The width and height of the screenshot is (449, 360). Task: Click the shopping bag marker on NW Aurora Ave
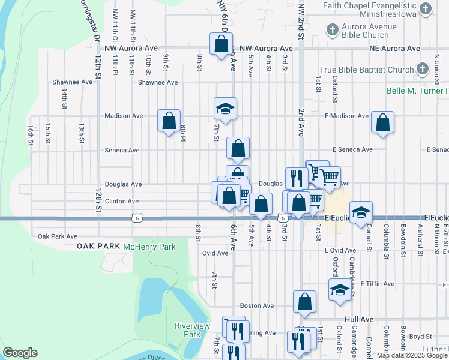[221, 43]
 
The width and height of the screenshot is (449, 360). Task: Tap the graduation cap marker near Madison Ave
[226, 109]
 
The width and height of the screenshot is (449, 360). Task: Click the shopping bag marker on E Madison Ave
[382, 122]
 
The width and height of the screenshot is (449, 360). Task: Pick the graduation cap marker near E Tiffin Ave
[340, 290]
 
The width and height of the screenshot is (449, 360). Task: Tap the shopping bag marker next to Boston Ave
[305, 302]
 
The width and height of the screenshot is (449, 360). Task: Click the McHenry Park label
[149, 247]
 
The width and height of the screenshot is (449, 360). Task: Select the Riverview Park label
[187, 330]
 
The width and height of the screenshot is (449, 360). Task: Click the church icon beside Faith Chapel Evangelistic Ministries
[426, 8]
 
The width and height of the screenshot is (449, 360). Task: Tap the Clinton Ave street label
[122, 202]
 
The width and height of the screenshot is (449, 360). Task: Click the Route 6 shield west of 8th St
[137, 218]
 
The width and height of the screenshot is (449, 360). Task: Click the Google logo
[20, 353]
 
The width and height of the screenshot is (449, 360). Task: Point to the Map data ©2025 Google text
[412, 355]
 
